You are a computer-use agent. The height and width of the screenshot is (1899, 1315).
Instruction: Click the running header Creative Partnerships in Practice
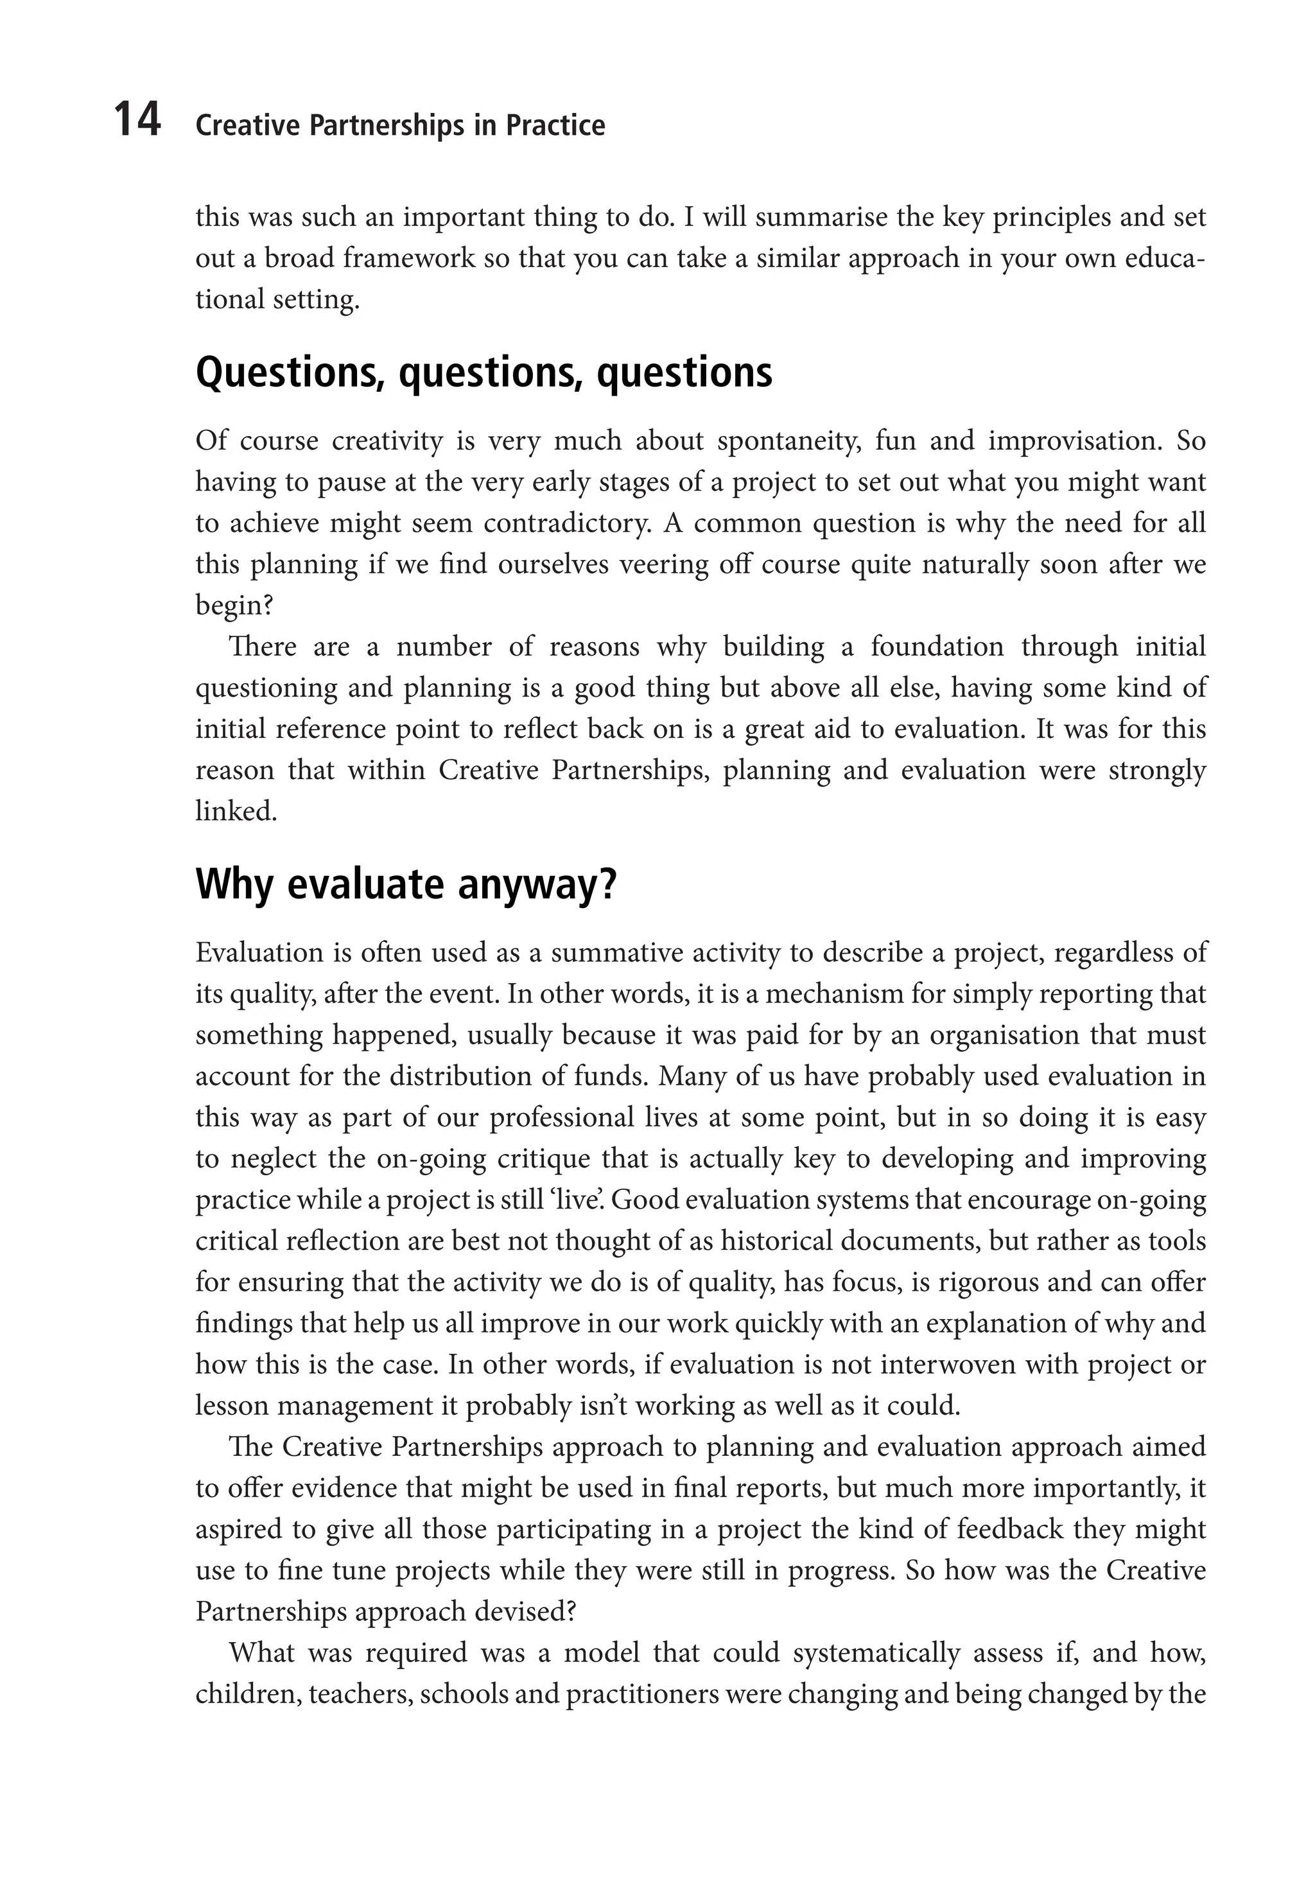[x=401, y=126]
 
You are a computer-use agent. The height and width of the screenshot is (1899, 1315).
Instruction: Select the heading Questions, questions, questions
[x=483, y=373]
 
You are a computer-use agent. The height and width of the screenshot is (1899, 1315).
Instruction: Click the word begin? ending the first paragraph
[x=234, y=606]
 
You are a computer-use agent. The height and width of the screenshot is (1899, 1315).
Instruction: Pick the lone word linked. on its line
[x=236, y=812]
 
